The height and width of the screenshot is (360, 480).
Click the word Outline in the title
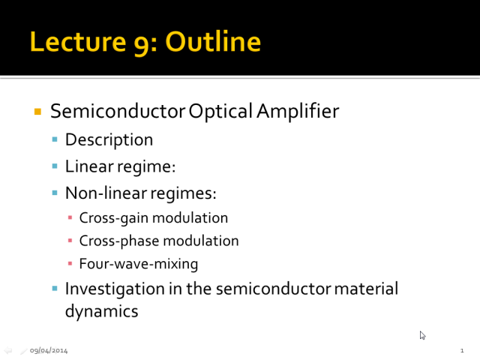[213, 42]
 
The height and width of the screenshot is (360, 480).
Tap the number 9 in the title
[142, 45]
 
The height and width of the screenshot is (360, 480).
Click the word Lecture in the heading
[78, 42]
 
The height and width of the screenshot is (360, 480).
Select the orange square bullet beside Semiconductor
[37, 112]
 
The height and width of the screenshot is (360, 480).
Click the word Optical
[220, 111]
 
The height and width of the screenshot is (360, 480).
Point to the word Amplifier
[298, 110]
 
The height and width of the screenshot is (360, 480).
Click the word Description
[109, 140]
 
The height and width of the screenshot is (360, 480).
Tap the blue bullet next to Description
[55, 139]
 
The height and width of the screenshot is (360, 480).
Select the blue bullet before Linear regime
[55, 166]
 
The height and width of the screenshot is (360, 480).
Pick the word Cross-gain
[114, 218]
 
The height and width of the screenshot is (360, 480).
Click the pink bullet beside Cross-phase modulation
[70, 241]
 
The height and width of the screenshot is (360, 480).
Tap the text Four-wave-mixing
[139, 264]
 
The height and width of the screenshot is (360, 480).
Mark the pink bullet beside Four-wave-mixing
[70, 263]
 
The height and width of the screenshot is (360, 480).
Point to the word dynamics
[102, 312]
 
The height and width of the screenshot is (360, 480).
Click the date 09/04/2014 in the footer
[49, 350]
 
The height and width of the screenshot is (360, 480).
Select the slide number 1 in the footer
[462, 350]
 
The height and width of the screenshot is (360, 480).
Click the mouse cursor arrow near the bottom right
[422, 335]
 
